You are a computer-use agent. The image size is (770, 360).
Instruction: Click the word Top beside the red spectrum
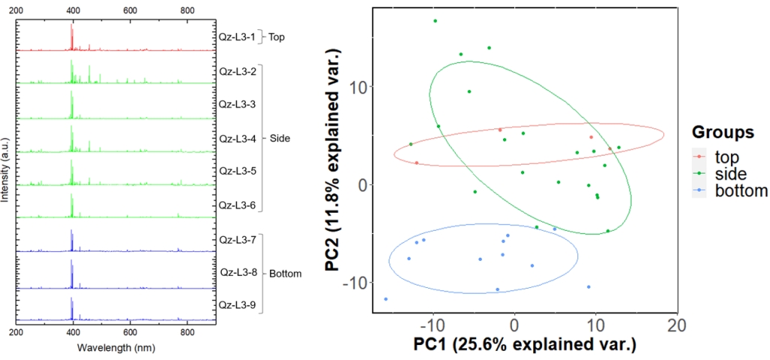tap(276, 36)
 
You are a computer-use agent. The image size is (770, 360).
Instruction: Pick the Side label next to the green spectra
tap(280, 138)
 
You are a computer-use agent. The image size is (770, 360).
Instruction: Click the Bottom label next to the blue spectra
tap(286, 274)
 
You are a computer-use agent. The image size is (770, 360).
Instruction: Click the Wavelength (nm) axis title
tap(115, 348)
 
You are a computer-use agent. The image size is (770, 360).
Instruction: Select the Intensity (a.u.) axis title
tap(6, 169)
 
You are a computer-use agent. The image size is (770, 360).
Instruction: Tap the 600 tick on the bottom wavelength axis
tap(130, 332)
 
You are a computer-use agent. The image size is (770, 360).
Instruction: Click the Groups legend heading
tap(723, 132)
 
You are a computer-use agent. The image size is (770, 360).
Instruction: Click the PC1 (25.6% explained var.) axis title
tap(525, 346)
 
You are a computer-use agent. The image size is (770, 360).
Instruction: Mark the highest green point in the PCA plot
tap(435, 21)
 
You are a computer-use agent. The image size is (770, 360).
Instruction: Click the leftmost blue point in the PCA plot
tap(386, 299)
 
